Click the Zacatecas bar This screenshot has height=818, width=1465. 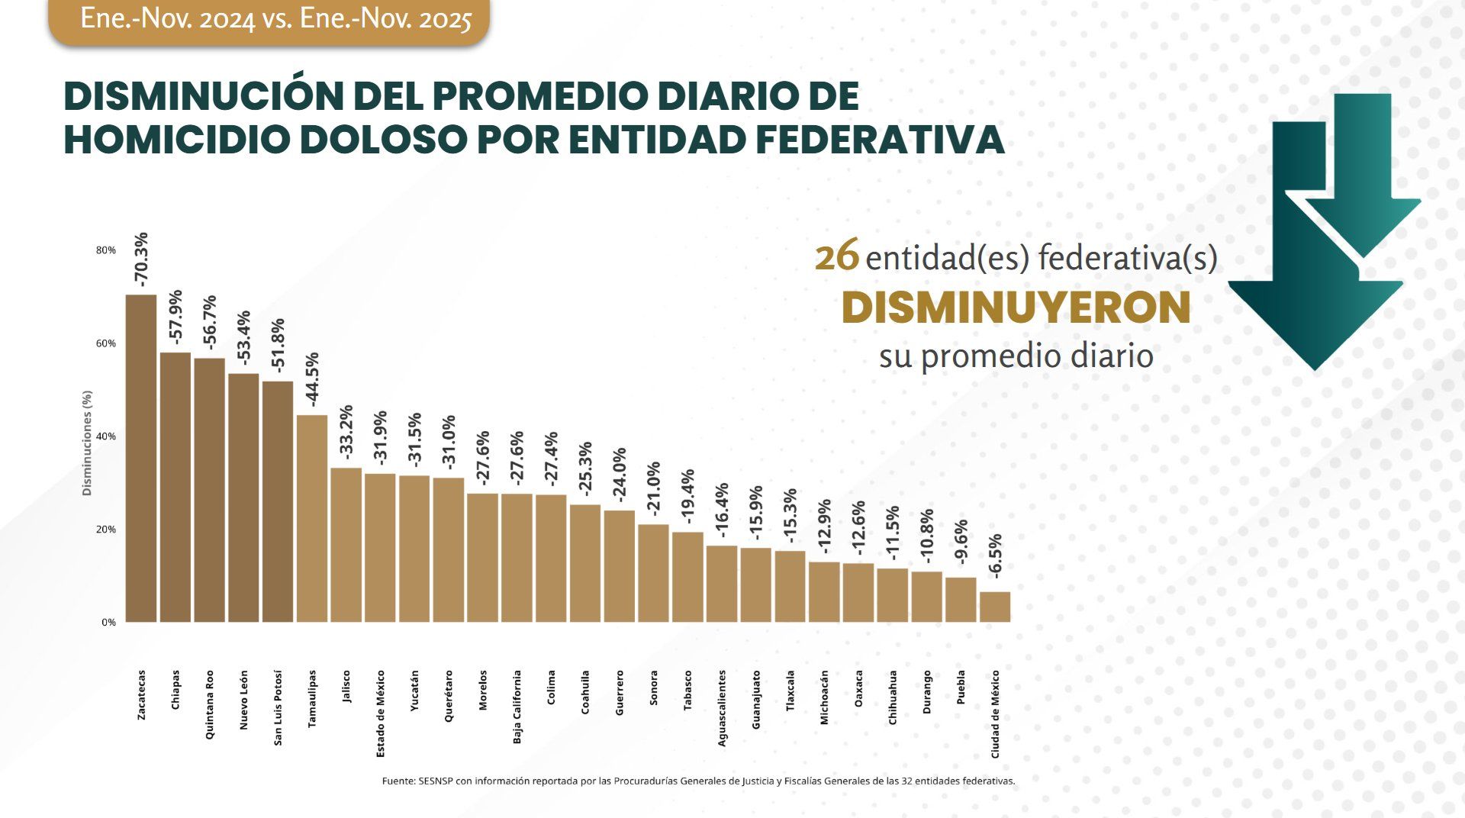pyautogui.click(x=140, y=458)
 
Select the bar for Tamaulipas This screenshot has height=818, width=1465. pyautogui.click(x=311, y=518)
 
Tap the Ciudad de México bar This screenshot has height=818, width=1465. pyautogui.click(x=994, y=607)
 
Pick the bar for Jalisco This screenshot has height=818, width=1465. pyautogui.click(x=346, y=545)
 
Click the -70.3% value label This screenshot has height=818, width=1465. pyautogui.click(x=141, y=259)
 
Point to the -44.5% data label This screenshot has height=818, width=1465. pyautogui.click(x=311, y=380)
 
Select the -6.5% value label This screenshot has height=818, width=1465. pyautogui.click(x=995, y=556)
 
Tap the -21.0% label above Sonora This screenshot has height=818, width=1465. pyautogui.click(x=653, y=489)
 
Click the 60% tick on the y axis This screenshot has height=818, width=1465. pyautogui.click(x=105, y=343)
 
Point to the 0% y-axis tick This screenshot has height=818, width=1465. pyautogui.click(x=108, y=623)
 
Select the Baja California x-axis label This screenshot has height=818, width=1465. pyautogui.click(x=517, y=707)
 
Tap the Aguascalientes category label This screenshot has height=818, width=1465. pyautogui.click(x=722, y=707)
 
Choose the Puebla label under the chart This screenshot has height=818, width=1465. pyautogui.click(x=961, y=687)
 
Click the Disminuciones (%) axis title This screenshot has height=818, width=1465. pyautogui.click(x=87, y=443)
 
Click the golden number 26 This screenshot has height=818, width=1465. pyautogui.click(x=837, y=257)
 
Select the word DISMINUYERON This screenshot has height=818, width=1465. pyautogui.click(x=1016, y=308)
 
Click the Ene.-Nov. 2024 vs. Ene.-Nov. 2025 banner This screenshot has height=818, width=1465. pyautogui.click(x=275, y=19)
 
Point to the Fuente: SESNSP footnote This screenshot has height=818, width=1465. pyautogui.click(x=698, y=781)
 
